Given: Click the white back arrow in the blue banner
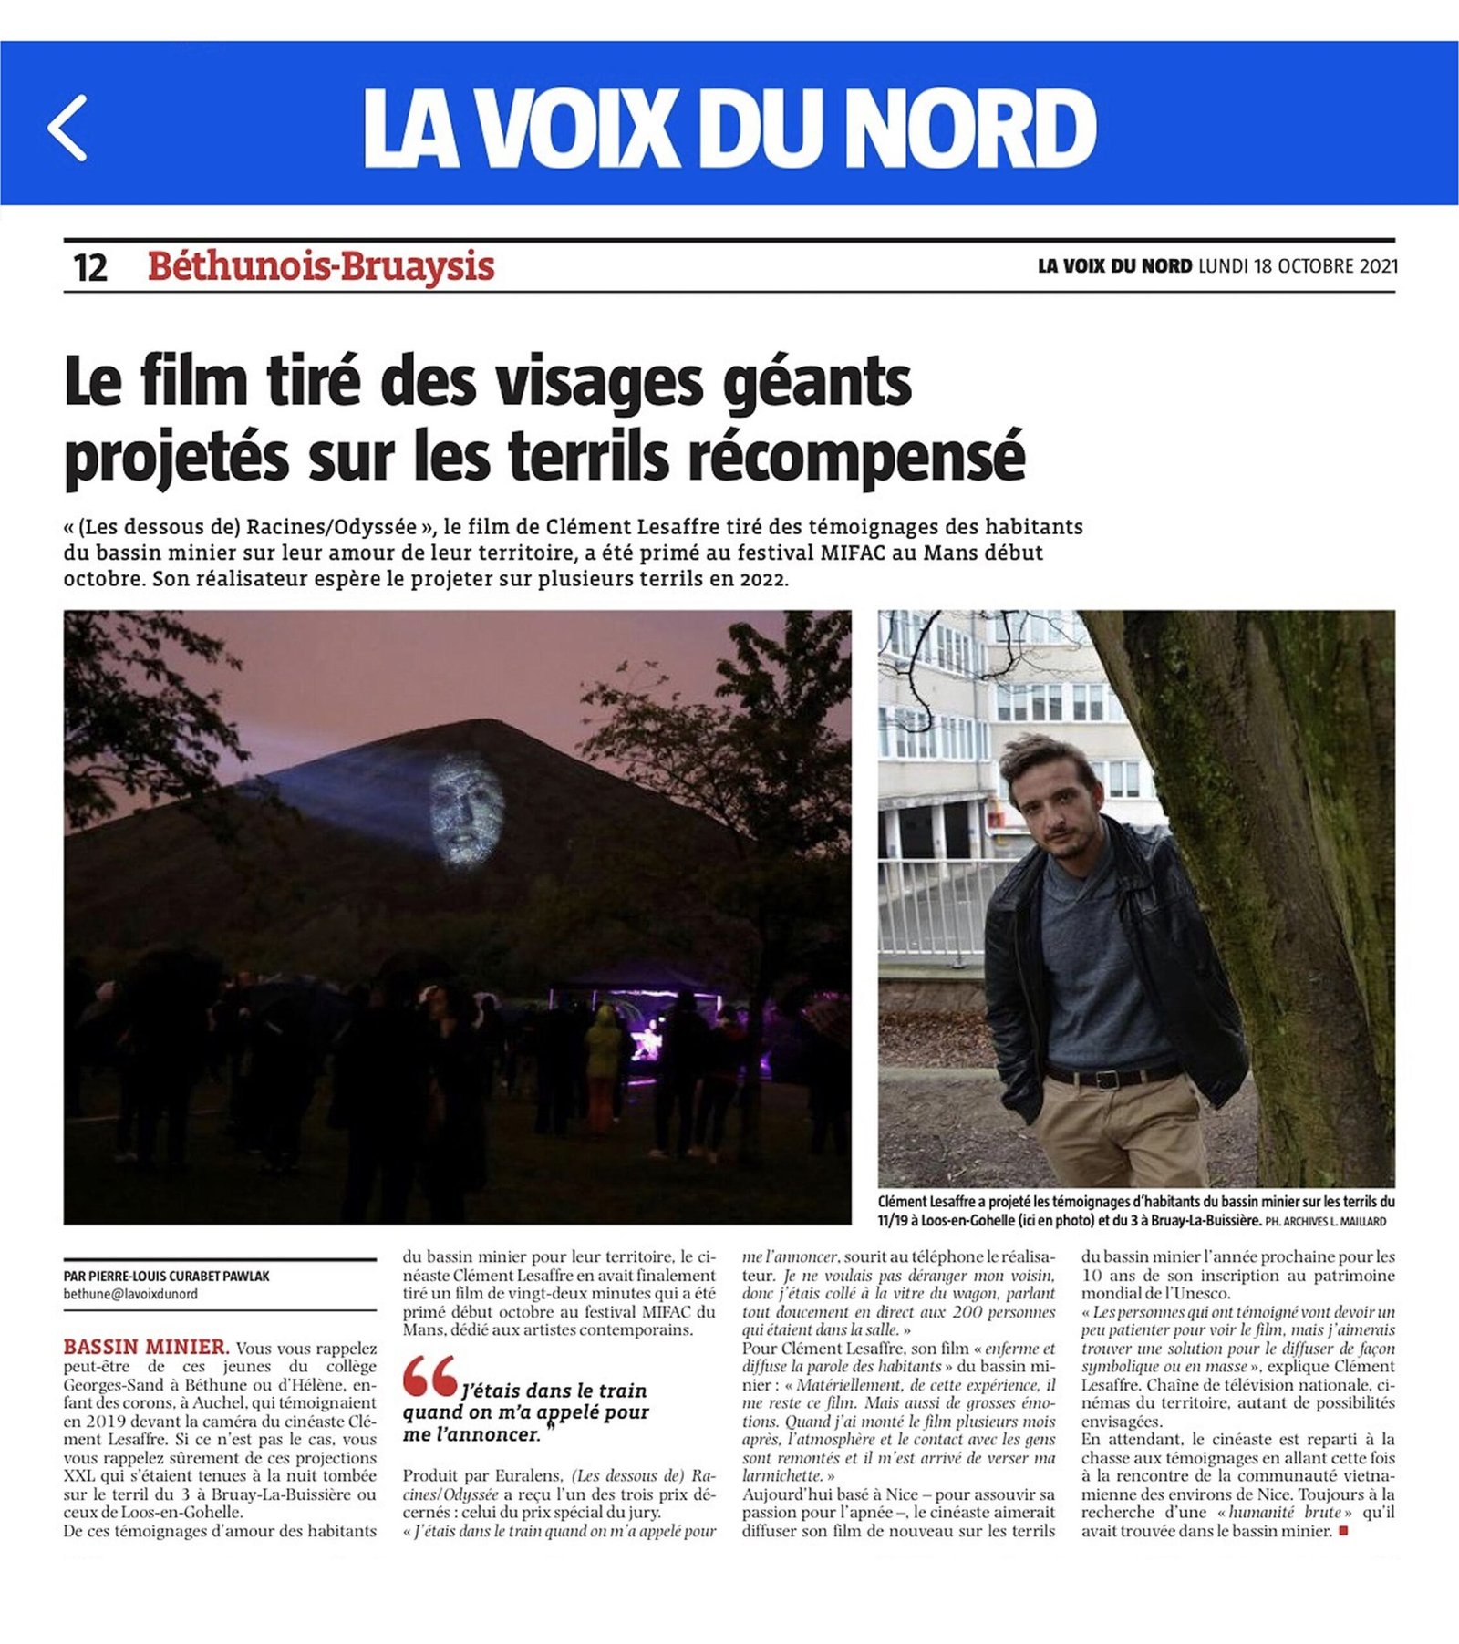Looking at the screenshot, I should point(67,128).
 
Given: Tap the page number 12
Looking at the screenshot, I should point(89,268).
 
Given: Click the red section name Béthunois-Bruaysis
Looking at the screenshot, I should point(321,267).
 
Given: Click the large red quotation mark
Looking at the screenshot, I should point(429,1377).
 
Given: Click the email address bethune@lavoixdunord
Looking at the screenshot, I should point(130,1294).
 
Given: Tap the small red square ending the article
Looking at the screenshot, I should point(1342,1531).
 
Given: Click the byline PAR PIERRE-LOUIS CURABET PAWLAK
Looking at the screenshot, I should point(167,1277).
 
